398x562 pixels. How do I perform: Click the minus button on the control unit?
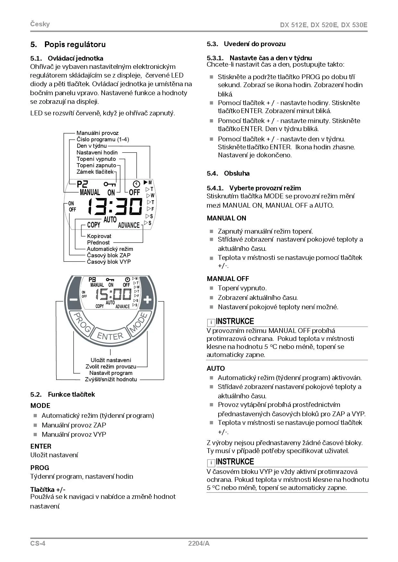73,300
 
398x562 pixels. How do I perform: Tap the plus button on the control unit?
147,300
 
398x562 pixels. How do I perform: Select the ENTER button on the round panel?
110,336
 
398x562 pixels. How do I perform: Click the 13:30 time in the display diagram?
115,206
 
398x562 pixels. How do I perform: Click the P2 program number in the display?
82,184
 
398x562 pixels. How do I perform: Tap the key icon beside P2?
109,184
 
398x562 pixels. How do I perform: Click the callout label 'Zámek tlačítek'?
95,172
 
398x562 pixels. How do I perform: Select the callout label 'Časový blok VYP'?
109,262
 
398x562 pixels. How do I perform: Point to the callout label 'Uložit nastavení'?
111,360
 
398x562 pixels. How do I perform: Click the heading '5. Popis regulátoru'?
68,45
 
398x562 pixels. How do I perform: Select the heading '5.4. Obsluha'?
228,173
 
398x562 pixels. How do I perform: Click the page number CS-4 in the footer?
38,543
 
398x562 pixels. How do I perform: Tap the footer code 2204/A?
199,543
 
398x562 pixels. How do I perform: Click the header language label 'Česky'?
40,24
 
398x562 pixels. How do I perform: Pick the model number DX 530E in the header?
354,25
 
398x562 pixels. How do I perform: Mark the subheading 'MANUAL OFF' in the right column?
228,279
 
